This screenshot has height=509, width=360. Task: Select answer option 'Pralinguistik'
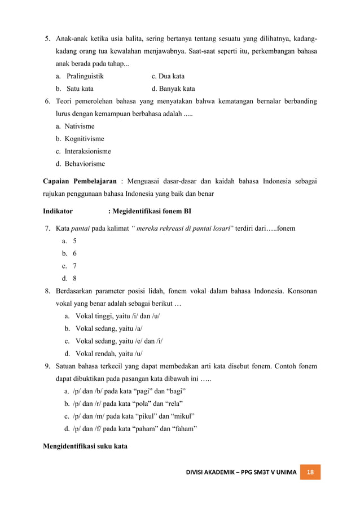coord(85,76)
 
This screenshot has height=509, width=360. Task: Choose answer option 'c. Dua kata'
coord(168,76)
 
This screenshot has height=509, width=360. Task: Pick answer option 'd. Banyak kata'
coord(173,89)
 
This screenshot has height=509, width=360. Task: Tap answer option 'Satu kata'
coord(80,89)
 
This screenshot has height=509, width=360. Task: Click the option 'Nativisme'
coord(79,126)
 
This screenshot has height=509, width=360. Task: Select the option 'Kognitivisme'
coord(84,139)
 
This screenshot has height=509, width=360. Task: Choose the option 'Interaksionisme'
coord(87,151)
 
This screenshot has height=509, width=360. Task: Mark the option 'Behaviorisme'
coord(84,164)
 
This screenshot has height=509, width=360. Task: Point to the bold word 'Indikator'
coord(58,211)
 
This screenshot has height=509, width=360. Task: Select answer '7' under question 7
coord(75,266)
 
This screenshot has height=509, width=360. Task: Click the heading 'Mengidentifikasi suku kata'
coord(85,446)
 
